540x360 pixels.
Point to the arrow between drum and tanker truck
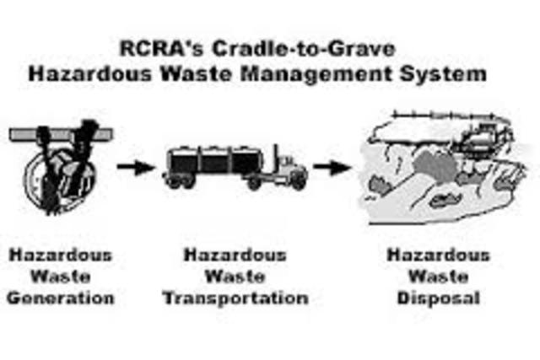tap(136, 168)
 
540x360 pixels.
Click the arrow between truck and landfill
tap(332, 168)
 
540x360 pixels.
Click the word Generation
tap(62, 298)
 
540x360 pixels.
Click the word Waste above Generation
tap(62, 277)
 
